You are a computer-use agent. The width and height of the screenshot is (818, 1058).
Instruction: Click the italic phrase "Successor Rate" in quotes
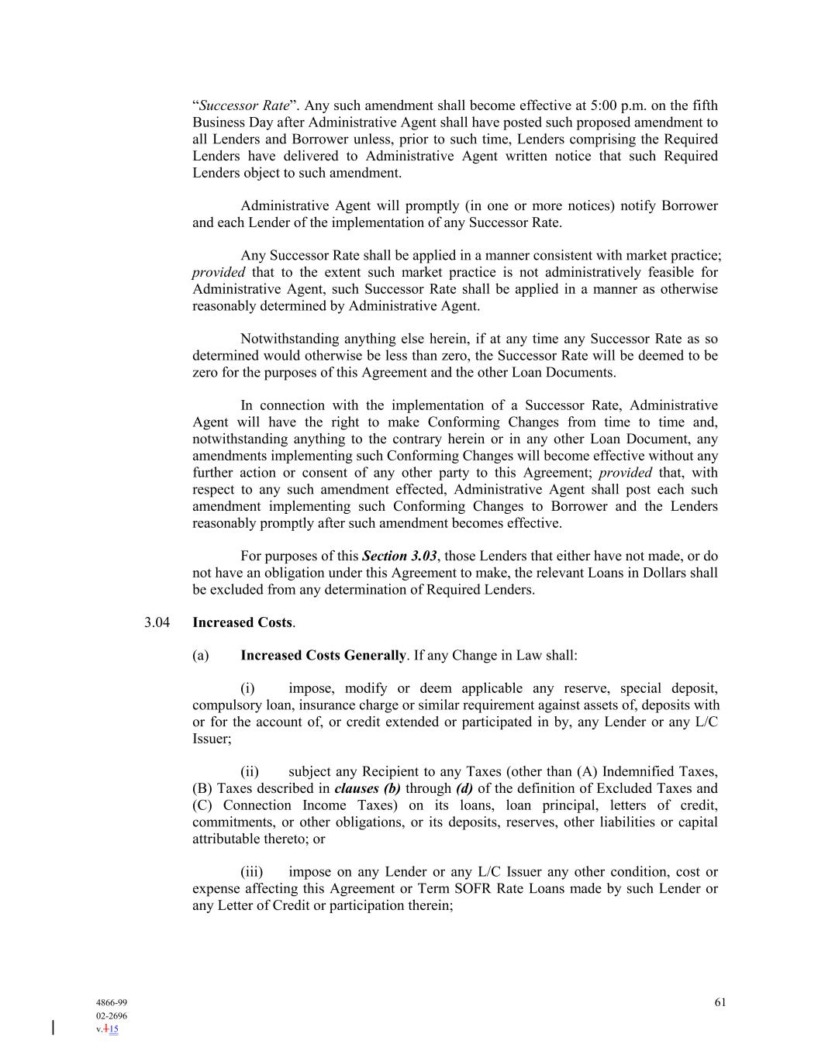point(244,105)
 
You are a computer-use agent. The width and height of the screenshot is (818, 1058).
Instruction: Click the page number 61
point(720,1002)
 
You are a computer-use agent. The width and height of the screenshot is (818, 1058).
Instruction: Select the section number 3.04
point(157,622)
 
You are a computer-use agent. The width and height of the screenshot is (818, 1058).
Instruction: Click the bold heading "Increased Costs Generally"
point(323,655)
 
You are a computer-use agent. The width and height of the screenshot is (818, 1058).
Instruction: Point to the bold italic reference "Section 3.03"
point(399,556)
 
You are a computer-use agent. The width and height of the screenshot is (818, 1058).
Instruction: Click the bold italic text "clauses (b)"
point(368,788)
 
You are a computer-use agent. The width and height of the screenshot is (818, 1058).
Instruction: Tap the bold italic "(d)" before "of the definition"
point(464,788)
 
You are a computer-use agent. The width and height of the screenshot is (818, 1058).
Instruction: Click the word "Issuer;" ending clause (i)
point(212,739)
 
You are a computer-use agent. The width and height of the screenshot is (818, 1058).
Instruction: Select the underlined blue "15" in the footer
point(113,1029)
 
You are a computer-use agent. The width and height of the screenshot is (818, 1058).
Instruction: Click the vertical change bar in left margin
point(53,1028)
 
